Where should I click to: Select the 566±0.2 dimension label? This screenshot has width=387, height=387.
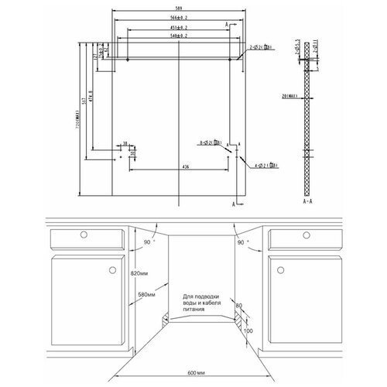(180, 18)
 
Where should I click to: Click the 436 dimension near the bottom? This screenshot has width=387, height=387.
(185, 166)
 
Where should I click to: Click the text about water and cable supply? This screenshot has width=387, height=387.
(204, 303)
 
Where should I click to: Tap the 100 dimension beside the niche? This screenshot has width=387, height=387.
(248, 332)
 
